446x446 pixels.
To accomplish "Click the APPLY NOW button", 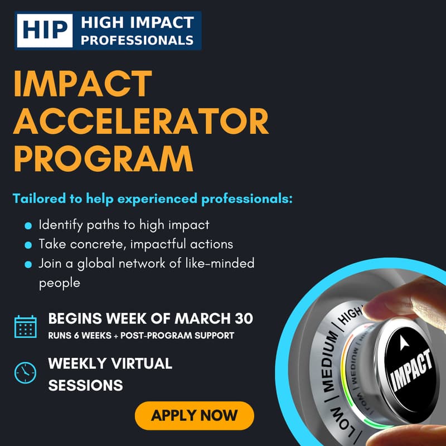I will tap(194, 415).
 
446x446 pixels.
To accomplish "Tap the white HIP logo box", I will tap(45, 31).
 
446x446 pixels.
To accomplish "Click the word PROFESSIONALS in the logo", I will tap(137, 40).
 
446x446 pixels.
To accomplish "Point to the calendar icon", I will tap(25, 327).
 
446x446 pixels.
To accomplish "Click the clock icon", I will tap(25, 372).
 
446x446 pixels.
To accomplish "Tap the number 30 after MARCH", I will tap(243, 319).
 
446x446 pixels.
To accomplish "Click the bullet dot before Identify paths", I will tap(28, 226).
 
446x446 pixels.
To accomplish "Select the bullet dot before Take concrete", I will tap(28, 245).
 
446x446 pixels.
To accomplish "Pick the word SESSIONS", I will tap(85, 385).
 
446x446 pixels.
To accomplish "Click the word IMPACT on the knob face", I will tap(413, 371).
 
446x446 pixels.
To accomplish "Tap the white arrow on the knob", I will tap(404, 344).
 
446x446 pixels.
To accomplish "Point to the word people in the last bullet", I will tap(60, 283).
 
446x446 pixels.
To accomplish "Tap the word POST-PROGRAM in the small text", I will tap(162, 336).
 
